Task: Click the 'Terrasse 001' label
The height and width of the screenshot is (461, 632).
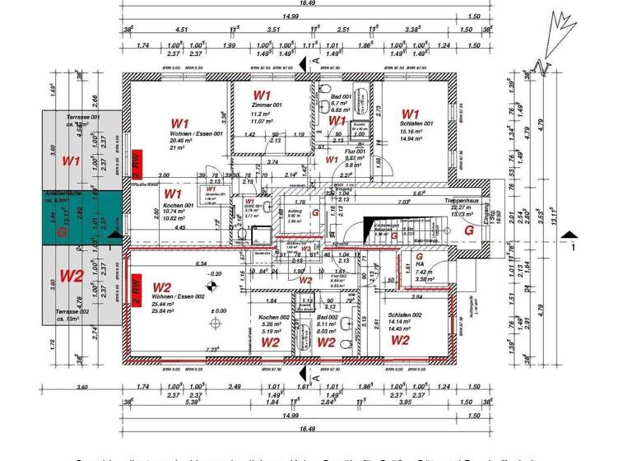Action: point(83,118)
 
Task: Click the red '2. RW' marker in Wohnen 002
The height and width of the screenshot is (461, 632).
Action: point(137,294)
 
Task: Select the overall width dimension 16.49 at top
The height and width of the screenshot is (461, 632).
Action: point(307,4)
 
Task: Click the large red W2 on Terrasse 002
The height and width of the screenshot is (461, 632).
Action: point(72,275)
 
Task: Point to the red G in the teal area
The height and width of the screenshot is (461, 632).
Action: point(61,231)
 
